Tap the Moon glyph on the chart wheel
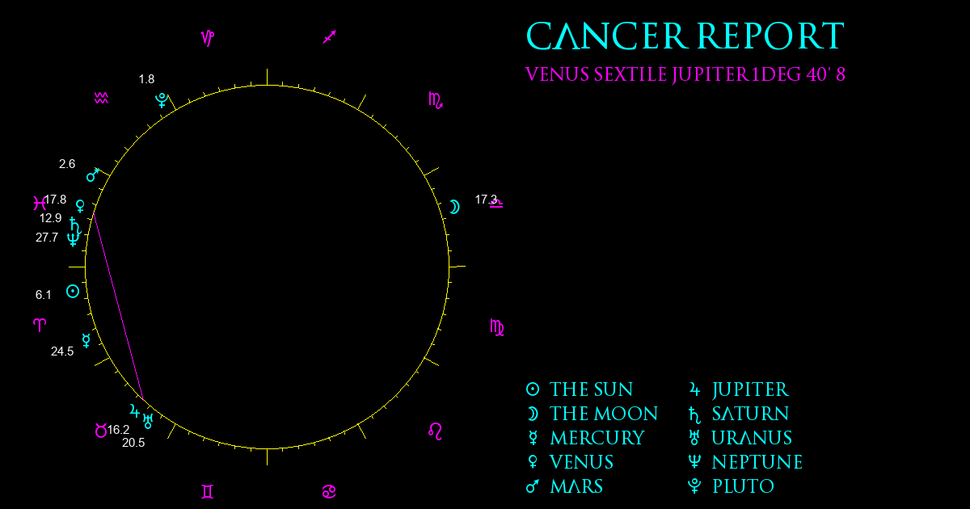[454, 207]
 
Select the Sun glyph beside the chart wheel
[73, 292]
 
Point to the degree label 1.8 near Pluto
[146, 79]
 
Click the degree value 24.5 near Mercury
[62, 351]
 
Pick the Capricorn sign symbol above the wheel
[208, 38]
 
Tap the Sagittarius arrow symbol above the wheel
[330, 37]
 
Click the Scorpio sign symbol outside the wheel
[436, 100]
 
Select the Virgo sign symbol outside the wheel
[496, 328]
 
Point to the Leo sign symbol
[435, 431]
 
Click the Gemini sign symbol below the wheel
[208, 492]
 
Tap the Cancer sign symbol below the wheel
[329, 492]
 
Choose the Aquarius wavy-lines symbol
[101, 99]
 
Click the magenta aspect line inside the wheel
[118, 306]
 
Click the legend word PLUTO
[743, 486]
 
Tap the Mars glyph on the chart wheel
[93, 175]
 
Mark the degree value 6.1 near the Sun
[44, 295]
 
